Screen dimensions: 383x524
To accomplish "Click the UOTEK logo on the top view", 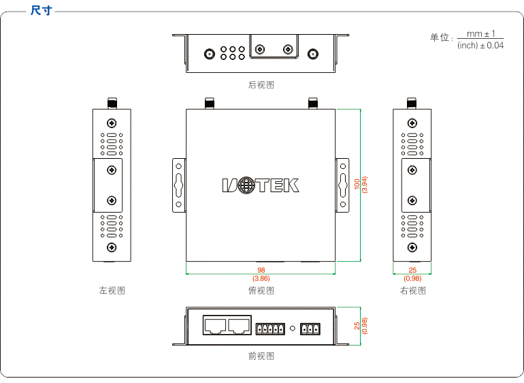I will coord(261,185).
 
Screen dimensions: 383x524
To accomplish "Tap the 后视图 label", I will coord(261,85).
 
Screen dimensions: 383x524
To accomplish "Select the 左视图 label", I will coord(112,290).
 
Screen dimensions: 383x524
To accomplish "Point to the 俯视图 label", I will coord(261,290).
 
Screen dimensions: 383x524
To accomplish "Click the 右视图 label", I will coord(412,290).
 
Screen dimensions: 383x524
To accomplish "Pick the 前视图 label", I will coord(261,356).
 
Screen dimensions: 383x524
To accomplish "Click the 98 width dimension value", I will coord(261,270).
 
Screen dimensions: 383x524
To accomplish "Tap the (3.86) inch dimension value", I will coord(261,278).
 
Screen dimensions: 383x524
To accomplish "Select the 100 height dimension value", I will coord(357,185).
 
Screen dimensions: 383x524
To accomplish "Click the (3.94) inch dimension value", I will coord(365,185).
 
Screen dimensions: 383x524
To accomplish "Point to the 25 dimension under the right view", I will coord(412,270).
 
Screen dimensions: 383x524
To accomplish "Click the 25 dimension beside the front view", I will coord(357,326).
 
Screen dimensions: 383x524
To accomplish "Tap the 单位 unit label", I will coord(440,37).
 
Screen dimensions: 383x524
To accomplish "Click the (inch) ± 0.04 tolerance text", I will coord(480,46).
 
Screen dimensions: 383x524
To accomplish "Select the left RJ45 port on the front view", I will coord(215,325).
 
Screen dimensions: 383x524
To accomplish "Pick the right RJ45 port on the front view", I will coord(240,325).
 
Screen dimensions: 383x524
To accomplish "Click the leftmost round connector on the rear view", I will coord(209,53).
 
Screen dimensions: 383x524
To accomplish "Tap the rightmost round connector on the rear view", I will coord(313,53).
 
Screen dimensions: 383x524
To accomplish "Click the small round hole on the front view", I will coord(293,328).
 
